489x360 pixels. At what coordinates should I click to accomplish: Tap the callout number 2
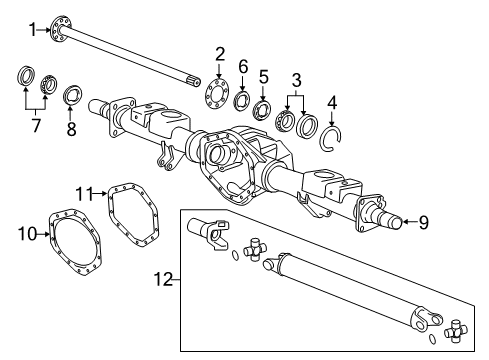pos(220,54)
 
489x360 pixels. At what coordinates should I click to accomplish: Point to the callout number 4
pos(332,100)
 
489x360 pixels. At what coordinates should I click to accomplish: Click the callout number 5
pos(264,76)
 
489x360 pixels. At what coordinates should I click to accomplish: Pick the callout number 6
pos(243,66)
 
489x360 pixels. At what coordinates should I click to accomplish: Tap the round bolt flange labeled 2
pos(217,89)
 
